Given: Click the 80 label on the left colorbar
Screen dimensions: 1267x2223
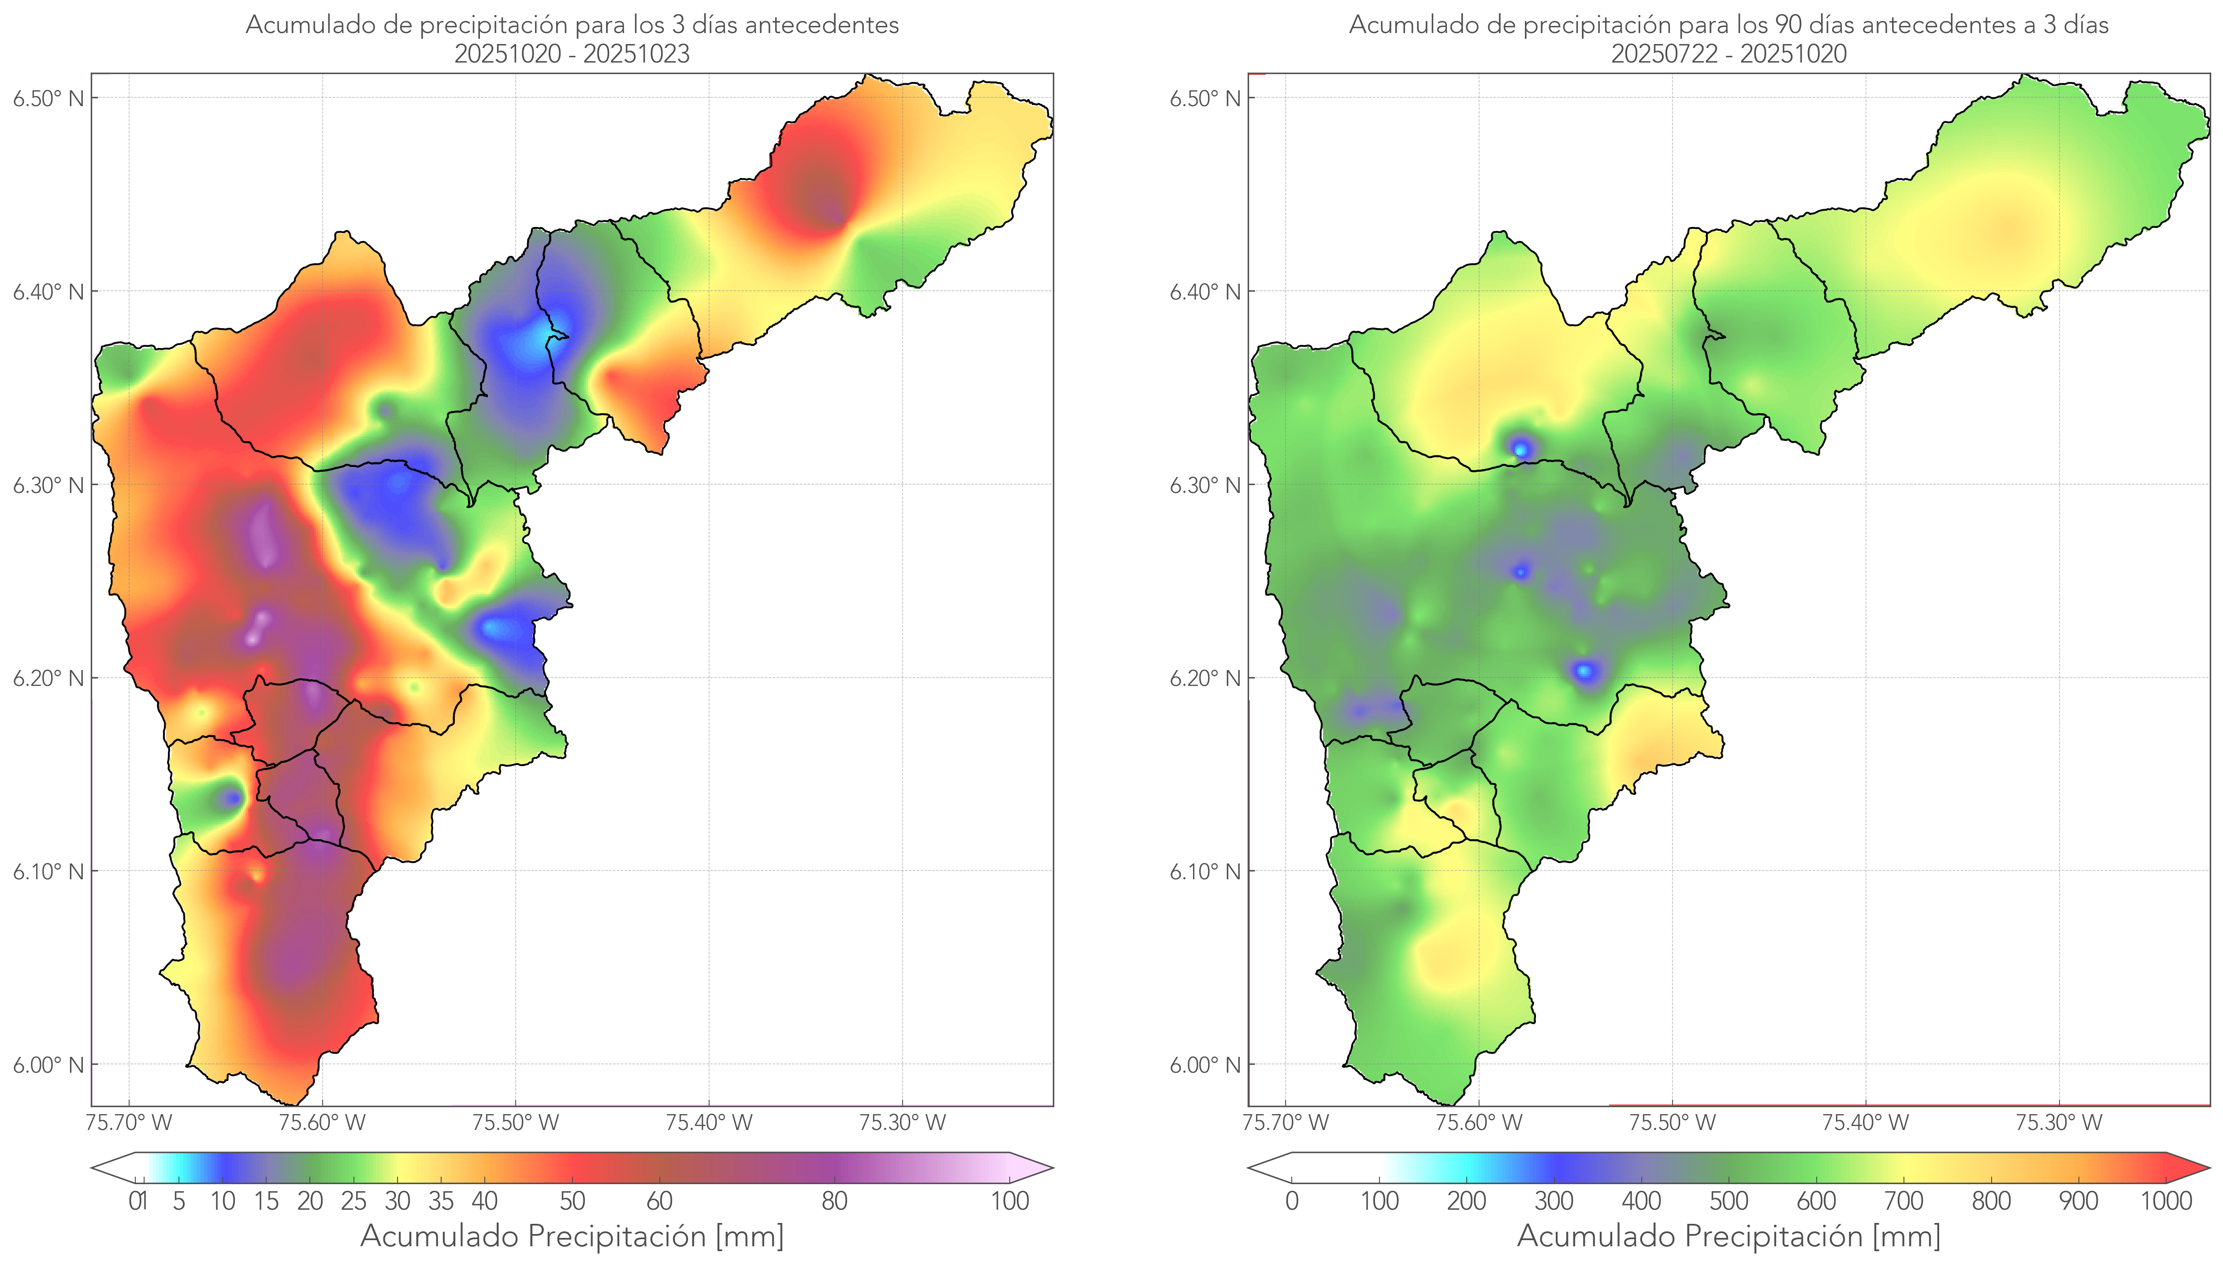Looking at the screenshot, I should pyautogui.click(x=834, y=1201).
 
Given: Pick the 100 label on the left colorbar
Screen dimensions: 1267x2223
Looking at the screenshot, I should pyautogui.click(x=1010, y=1201).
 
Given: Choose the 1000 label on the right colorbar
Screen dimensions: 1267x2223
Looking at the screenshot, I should pyautogui.click(x=2166, y=1201).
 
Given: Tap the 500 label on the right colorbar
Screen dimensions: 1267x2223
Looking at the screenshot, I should pyautogui.click(x=1729, y=1201).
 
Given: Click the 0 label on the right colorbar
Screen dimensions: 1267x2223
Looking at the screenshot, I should pyautogui.click(x=1292, y=1201).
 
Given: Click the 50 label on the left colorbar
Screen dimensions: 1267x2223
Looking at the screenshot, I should pyautogui.click(x=572, y=1201).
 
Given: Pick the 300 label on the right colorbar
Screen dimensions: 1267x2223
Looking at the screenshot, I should pyautogui.click(x=1554, y=1201).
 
